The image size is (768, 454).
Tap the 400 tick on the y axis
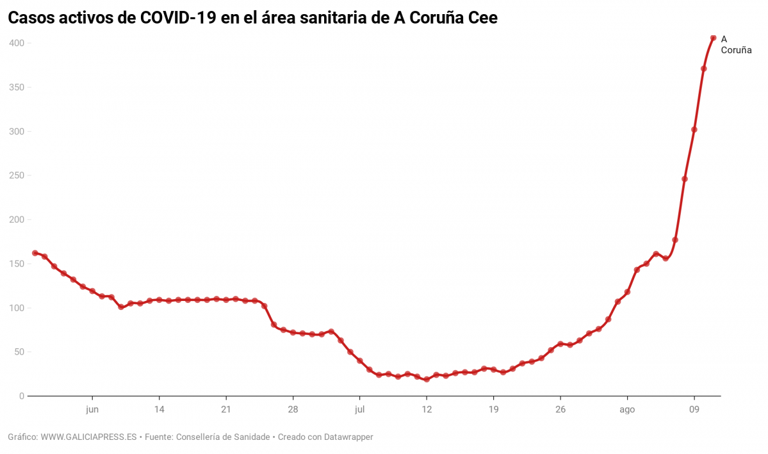[16, 43]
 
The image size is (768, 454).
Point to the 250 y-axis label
[16, 175]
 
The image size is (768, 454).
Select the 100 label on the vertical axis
[16, 308]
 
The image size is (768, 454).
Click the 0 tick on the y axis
[21, 396]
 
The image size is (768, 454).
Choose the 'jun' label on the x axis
[92, 410]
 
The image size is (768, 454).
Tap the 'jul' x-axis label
[359, 410]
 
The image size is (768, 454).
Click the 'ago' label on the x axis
[627, 410]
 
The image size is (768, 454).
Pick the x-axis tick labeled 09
[694, 410]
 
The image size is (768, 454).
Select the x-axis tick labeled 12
[427, 410]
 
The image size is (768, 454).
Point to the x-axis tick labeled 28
[293, 410]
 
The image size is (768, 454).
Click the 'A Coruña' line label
[735, 44]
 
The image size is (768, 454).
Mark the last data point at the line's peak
[713, 38]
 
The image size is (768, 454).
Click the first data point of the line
[35, 253]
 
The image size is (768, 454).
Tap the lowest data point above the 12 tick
[427, 379]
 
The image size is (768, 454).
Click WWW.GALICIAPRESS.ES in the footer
[88, 437]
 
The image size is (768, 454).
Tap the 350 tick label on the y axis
[16, 87]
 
